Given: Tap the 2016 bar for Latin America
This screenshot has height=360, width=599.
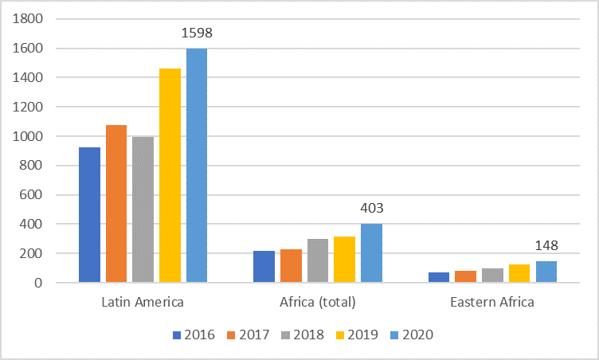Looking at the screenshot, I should (90, 215).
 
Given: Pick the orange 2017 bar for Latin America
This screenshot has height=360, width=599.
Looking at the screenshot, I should (116, 204).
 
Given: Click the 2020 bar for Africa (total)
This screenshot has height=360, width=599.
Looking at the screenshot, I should (371, 253).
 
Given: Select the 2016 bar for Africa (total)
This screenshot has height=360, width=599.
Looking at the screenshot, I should (264, 267).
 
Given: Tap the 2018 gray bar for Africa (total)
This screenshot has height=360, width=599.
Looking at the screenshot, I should (318, 260).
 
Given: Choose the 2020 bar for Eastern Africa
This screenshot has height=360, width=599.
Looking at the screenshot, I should (546, 272).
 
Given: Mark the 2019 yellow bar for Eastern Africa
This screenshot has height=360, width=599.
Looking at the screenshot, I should (519, 273).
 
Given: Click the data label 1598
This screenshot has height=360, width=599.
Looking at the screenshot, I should (197, 33).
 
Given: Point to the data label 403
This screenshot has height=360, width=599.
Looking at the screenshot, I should (372, 209).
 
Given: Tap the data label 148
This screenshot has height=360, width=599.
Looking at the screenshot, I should (546, 246).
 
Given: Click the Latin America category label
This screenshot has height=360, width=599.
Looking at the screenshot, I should (143, 303).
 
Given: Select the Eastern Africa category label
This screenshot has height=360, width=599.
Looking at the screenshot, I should (493, 303).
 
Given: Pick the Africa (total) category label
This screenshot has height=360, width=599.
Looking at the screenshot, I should (318, 303).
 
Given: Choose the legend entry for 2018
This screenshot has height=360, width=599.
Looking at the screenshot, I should (302, 335).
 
